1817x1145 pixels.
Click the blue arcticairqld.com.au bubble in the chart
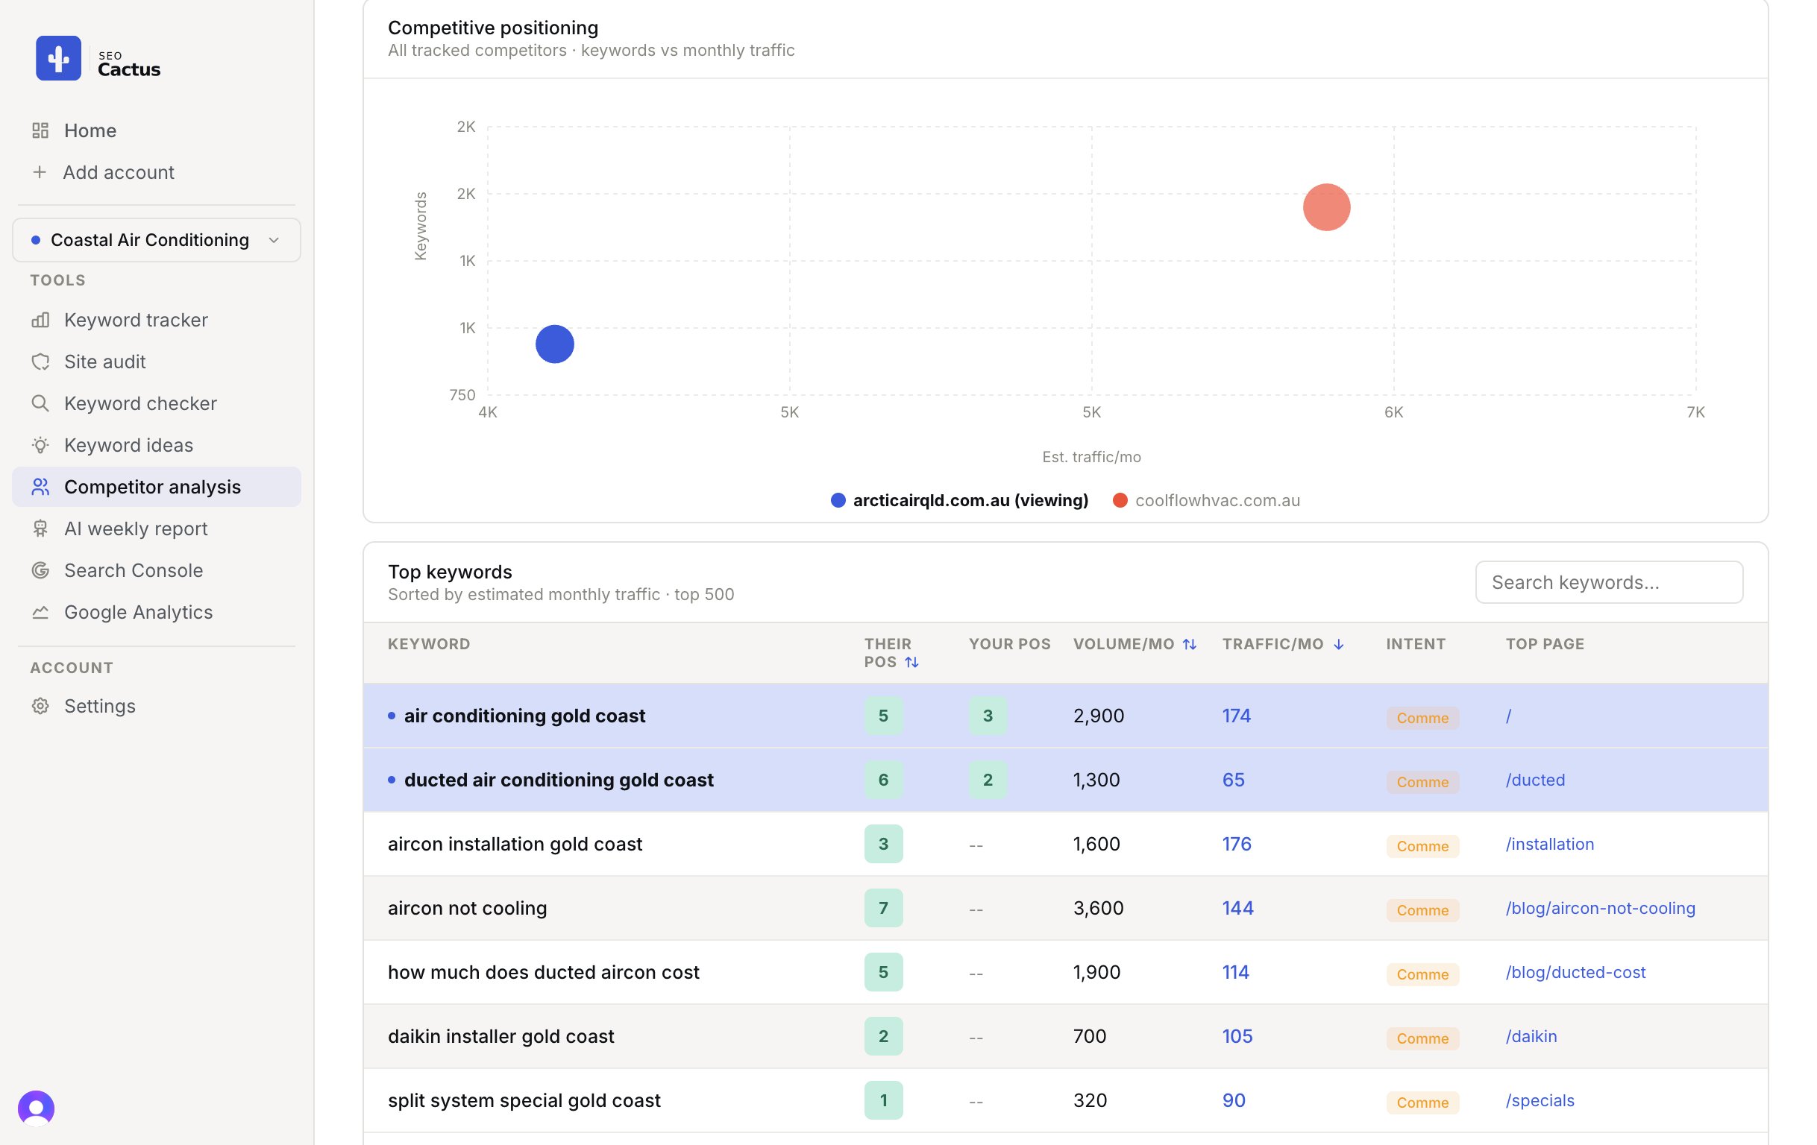click(555, 344)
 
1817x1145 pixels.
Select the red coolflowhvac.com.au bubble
click(1325, 206)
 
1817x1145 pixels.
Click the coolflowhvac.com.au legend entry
click(1207, 500)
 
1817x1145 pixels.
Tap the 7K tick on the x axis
click(1695, 411)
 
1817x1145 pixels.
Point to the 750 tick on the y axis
click(462, 394)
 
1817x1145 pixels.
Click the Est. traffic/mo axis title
click(1091, 456)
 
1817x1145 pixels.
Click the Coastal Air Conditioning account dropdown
click(156, 240)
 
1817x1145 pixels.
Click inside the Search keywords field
click(1609, 581)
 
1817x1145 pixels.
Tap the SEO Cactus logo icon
click(58, 58)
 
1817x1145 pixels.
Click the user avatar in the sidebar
click(37, 1108)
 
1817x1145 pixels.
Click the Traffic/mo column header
click(1283, 643)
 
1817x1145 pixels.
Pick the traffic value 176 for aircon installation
click(1236, 843)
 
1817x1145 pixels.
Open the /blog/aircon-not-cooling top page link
click(1600, 907)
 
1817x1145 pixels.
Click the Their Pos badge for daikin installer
click(883, 1035)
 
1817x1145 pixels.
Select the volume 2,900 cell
click(1098, 715)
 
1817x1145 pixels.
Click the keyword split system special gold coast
click(524, 1100)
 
